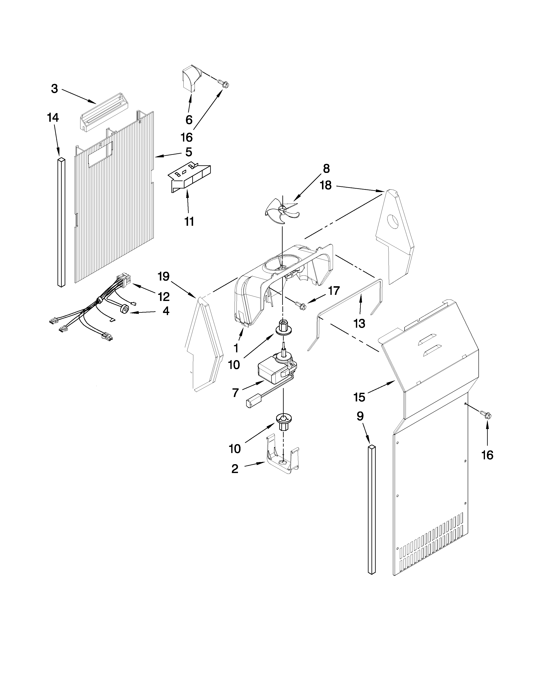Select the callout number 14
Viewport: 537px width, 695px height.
point(53,118)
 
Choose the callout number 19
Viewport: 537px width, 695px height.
point(163,277)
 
